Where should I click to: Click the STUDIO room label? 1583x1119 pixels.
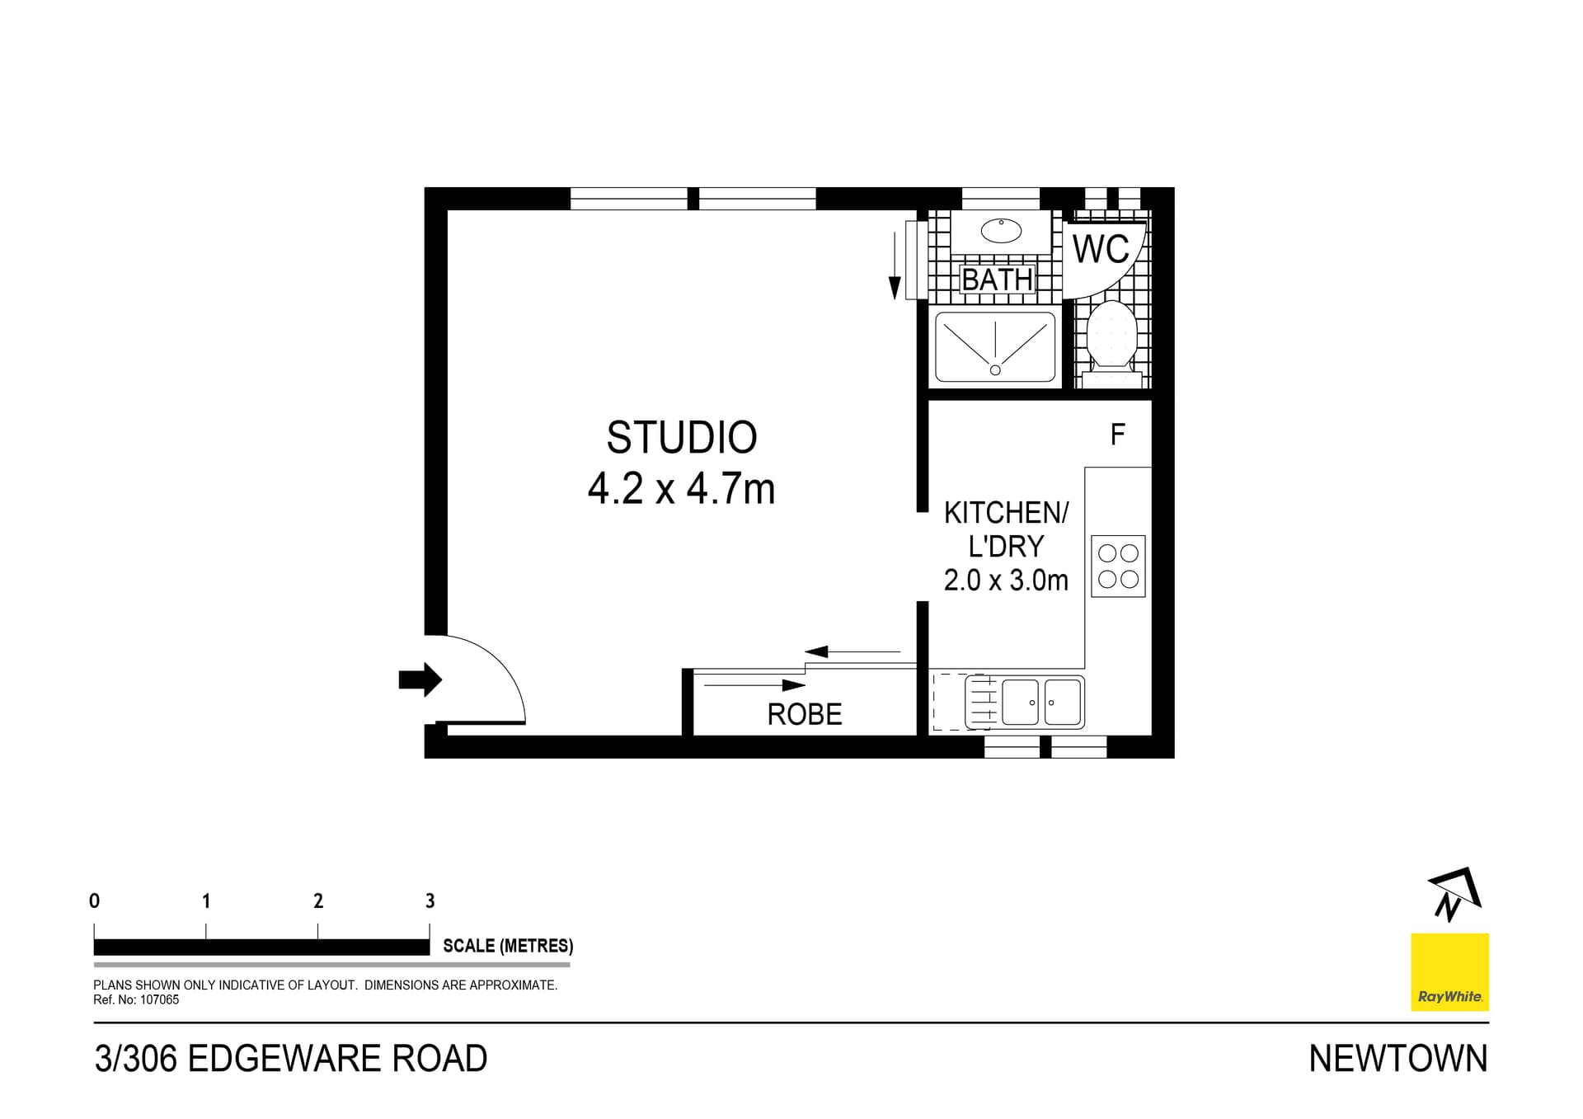(x=682, y=438)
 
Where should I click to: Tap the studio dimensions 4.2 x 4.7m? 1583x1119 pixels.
(x=682, y=489)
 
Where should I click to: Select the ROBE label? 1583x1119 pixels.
(x=805, y=714)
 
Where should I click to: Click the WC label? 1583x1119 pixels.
(x=1101, y=249)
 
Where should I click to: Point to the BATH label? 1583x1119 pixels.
(x=998, y=280)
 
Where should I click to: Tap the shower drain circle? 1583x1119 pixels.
(x=995, y=370)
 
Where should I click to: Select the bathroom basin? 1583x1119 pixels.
(x=1002, y=231)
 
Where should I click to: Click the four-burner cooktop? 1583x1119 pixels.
(x=1118, y=566)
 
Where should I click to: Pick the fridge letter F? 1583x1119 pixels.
(x=1118, y=435)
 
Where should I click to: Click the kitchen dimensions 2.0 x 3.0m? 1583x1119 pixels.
(x=1006, y=581)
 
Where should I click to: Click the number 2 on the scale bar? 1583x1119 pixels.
(x=318, y=900)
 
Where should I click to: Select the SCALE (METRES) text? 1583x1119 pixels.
(x=508, y=946)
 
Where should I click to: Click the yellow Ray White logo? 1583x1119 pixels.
(x=1449, y=971)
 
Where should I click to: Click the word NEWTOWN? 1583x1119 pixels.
(x=1398, y=1059)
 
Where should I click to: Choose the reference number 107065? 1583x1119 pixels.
(x=159, y=999)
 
